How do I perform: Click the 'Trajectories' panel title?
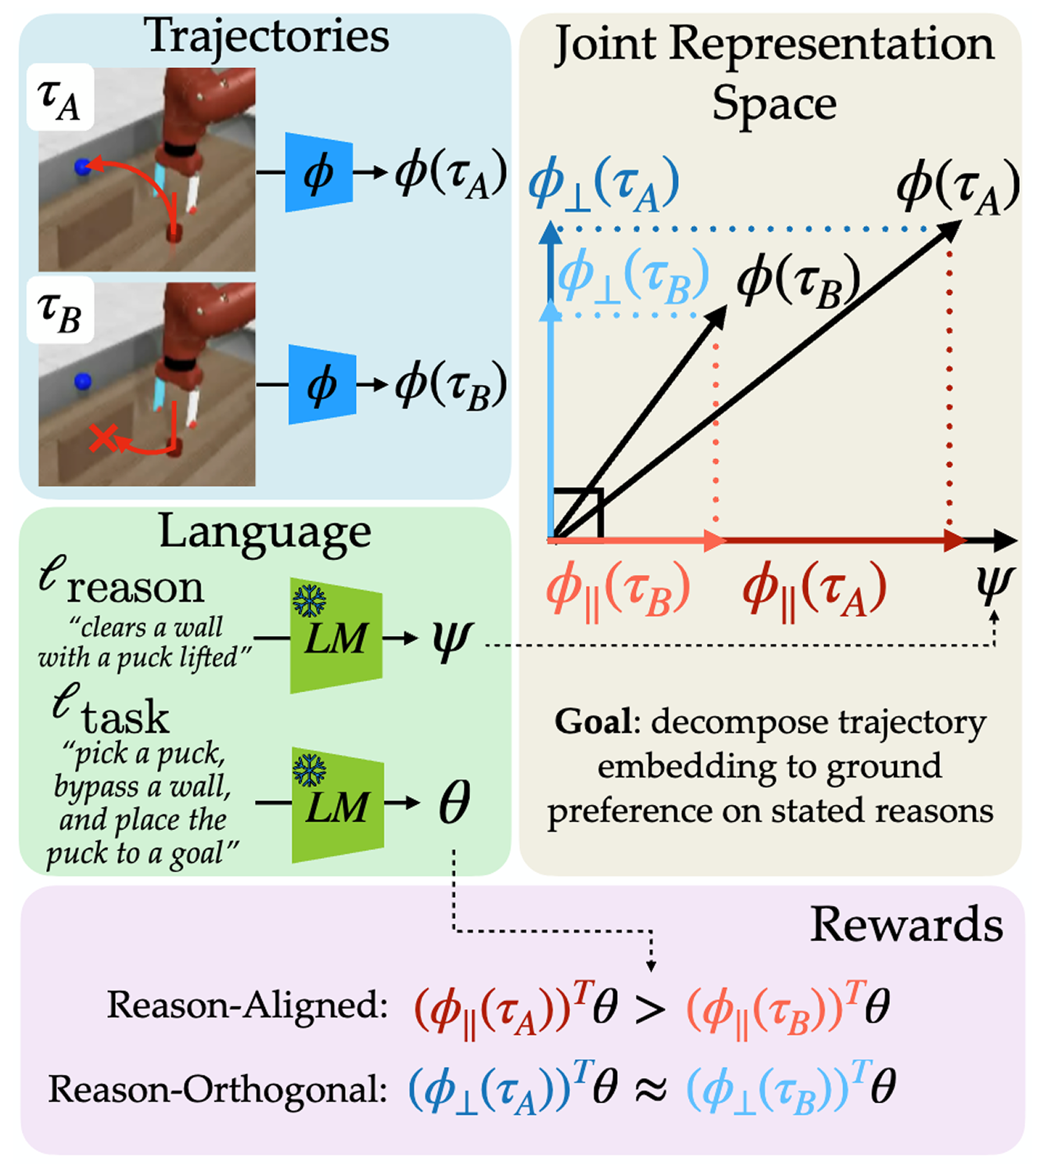[x=266, y=36]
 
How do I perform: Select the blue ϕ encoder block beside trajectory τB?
[x=321, y=385]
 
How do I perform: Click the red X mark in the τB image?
[x=102, y=439]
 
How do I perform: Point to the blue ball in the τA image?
[x=82, y=167]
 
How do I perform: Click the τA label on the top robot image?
[x=59, y=99]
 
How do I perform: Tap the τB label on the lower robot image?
[x=59, y=311]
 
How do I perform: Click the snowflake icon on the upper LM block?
[x=309, y=601]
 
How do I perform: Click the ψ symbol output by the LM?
[x=451, y=639]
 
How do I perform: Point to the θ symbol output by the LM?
[x=454, y=803]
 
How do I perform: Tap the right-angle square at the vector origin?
[x=577, y=514]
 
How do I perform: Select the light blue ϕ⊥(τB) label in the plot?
[x=633, y=278]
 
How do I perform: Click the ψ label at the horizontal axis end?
[x=994, y=583]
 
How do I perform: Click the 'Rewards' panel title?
[x=906, y=925]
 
